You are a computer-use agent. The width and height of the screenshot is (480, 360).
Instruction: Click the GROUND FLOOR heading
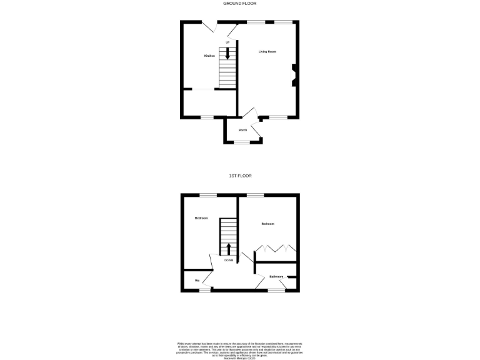pos(240,4)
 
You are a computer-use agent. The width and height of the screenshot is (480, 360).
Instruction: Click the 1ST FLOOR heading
pos(240,176)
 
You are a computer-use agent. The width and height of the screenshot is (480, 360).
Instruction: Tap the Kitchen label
pos(209,56)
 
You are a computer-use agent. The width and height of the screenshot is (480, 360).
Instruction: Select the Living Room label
pos(267,52)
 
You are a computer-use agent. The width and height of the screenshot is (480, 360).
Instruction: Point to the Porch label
pos(243,130)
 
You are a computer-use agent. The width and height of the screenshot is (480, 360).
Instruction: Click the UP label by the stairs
pos(228,42)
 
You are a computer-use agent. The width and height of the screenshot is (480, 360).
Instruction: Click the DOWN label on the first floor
pos(229,261)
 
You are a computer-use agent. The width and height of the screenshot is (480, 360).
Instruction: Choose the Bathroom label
pos(276,277)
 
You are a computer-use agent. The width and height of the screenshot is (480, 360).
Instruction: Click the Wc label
pos(197,281)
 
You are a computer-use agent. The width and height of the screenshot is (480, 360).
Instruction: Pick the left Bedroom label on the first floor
pos(201,218)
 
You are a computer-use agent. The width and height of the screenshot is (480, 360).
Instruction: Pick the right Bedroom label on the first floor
pos(267,224)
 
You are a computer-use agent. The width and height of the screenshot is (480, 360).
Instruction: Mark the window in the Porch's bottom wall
pos(242,144)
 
